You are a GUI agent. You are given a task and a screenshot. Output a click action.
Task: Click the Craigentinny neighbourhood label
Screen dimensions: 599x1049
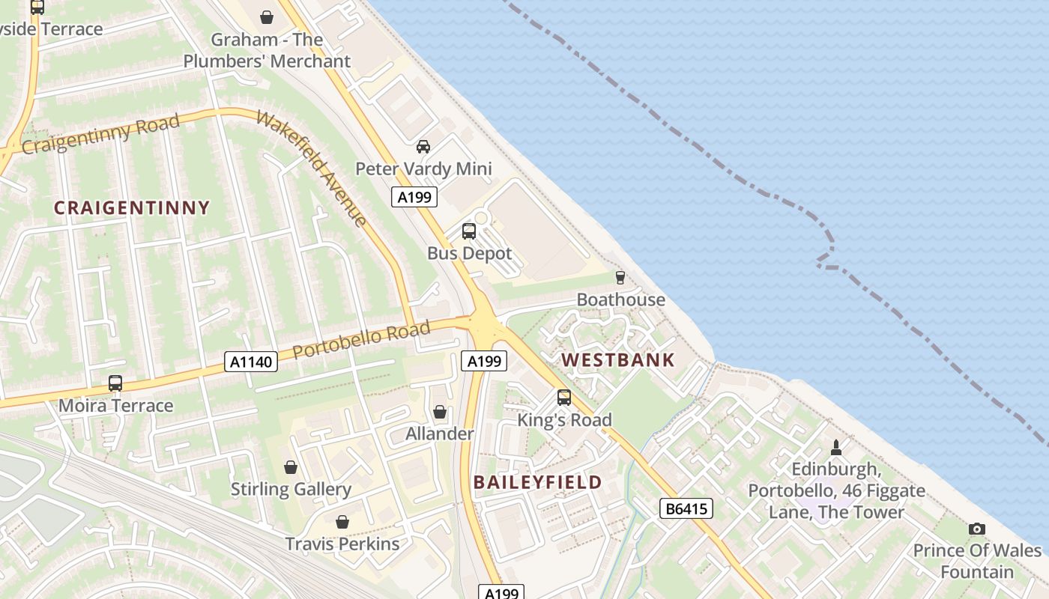tap(132, 208)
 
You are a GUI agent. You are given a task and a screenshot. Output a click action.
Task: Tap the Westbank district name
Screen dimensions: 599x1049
tap(618, 360)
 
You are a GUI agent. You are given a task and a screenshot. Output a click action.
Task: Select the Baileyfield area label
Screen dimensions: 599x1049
tap(537, 482)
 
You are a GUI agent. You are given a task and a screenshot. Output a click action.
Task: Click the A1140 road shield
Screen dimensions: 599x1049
tap(251, 362)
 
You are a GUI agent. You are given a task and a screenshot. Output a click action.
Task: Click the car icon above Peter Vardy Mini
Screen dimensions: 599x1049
tap(423, 147)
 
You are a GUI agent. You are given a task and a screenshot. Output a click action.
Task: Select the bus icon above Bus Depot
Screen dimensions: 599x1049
tap(469, 231)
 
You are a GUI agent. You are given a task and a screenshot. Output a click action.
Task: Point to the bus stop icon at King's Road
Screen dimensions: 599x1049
tap(564, 398)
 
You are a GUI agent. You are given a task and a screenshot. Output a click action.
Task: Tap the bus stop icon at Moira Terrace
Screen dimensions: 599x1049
tap(115, 383)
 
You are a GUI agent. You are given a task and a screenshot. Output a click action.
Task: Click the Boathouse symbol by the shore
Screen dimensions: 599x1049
tap(620, 278)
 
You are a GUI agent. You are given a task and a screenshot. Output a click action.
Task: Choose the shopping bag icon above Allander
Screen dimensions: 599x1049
tap(440, 412)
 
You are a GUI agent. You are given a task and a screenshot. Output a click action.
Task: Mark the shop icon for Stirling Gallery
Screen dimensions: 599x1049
tap(291, 467)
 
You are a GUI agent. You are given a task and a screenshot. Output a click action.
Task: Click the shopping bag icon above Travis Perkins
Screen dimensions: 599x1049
tap(342, 521)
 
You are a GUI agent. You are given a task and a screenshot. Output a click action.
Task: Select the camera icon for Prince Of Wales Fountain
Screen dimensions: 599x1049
tap(976, 529)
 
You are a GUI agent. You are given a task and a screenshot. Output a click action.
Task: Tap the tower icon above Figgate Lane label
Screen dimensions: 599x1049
tap(836, 448)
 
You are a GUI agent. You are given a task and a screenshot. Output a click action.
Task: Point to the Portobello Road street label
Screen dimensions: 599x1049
tap(361, 339)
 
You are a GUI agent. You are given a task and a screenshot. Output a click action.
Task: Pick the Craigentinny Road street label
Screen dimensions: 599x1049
tap(101, 134)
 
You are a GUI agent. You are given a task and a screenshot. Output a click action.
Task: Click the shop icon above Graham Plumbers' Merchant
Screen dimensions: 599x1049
tap(267, 16)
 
